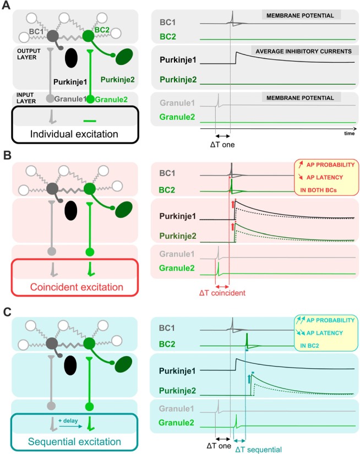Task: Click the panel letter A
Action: pyautogui.click(x=6, y=5)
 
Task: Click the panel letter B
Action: pyautogui.click(x=7, y=155)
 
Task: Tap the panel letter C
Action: pyautogui.click(x=7, y=311)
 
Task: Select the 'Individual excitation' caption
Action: pyautogui.click(x=74, y=134)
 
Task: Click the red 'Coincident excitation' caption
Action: pyautogui.click(x=77, y=287)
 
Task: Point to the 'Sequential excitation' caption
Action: pyautogui.click(x=74, y=441)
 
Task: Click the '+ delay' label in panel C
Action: pyautogui.click(x=68, y=420)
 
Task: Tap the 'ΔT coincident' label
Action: pyautogui.click(x=222, y=293)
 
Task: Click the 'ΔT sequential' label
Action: pyautogui.click(x=258, y=450)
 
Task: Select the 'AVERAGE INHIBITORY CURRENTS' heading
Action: pyautogui.click(x=303, y=52)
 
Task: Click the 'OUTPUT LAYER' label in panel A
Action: pyautogui.click(x=29, y=54)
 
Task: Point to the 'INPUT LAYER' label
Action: pyautogui.click(x=26, y=98)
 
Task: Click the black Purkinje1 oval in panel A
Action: pyautogui.click(x=71, y=58)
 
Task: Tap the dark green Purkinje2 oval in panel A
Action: pyautogui.click(x=124, y=57)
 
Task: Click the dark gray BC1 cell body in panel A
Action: pyautogui.click(x=52, y=36)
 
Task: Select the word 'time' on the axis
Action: pyautogui.click(x=350, y=134)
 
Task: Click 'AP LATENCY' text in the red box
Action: pyautogui.click(x=325, y=178)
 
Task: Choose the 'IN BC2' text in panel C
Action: pyautogui.click(x=309, y=346)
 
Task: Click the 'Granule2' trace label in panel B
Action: pyautogui.click(x=177, y=268)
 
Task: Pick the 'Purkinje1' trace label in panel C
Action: pyautogui.click(x=177, y=371)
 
